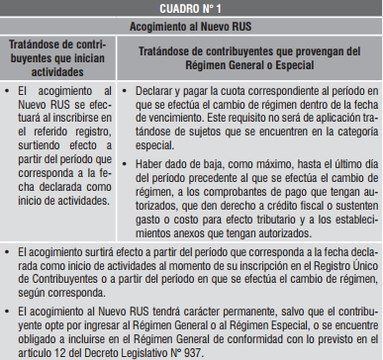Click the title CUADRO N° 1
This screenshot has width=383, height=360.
pos(191,8)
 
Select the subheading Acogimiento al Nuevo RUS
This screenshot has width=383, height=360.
pos(191,25)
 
